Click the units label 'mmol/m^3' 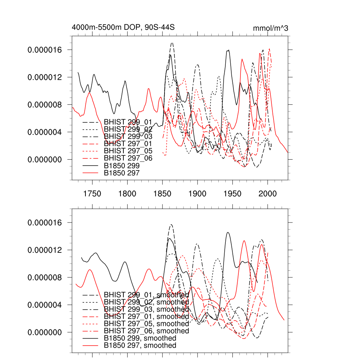click(270, 28)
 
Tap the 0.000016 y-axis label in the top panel click(45, 50)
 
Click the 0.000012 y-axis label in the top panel click(45, 77)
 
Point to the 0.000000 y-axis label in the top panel click(45, 160)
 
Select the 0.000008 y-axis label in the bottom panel click(45, 277)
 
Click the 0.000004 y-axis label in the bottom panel click(45, 305)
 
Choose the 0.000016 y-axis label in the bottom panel click(45, 223)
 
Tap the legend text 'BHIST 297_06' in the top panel click(128, 158)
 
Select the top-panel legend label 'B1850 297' click(122, 173)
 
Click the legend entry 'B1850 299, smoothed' click(140, 338)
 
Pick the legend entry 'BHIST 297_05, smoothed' click(146, 324)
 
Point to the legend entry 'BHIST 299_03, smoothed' click(146, 309)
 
